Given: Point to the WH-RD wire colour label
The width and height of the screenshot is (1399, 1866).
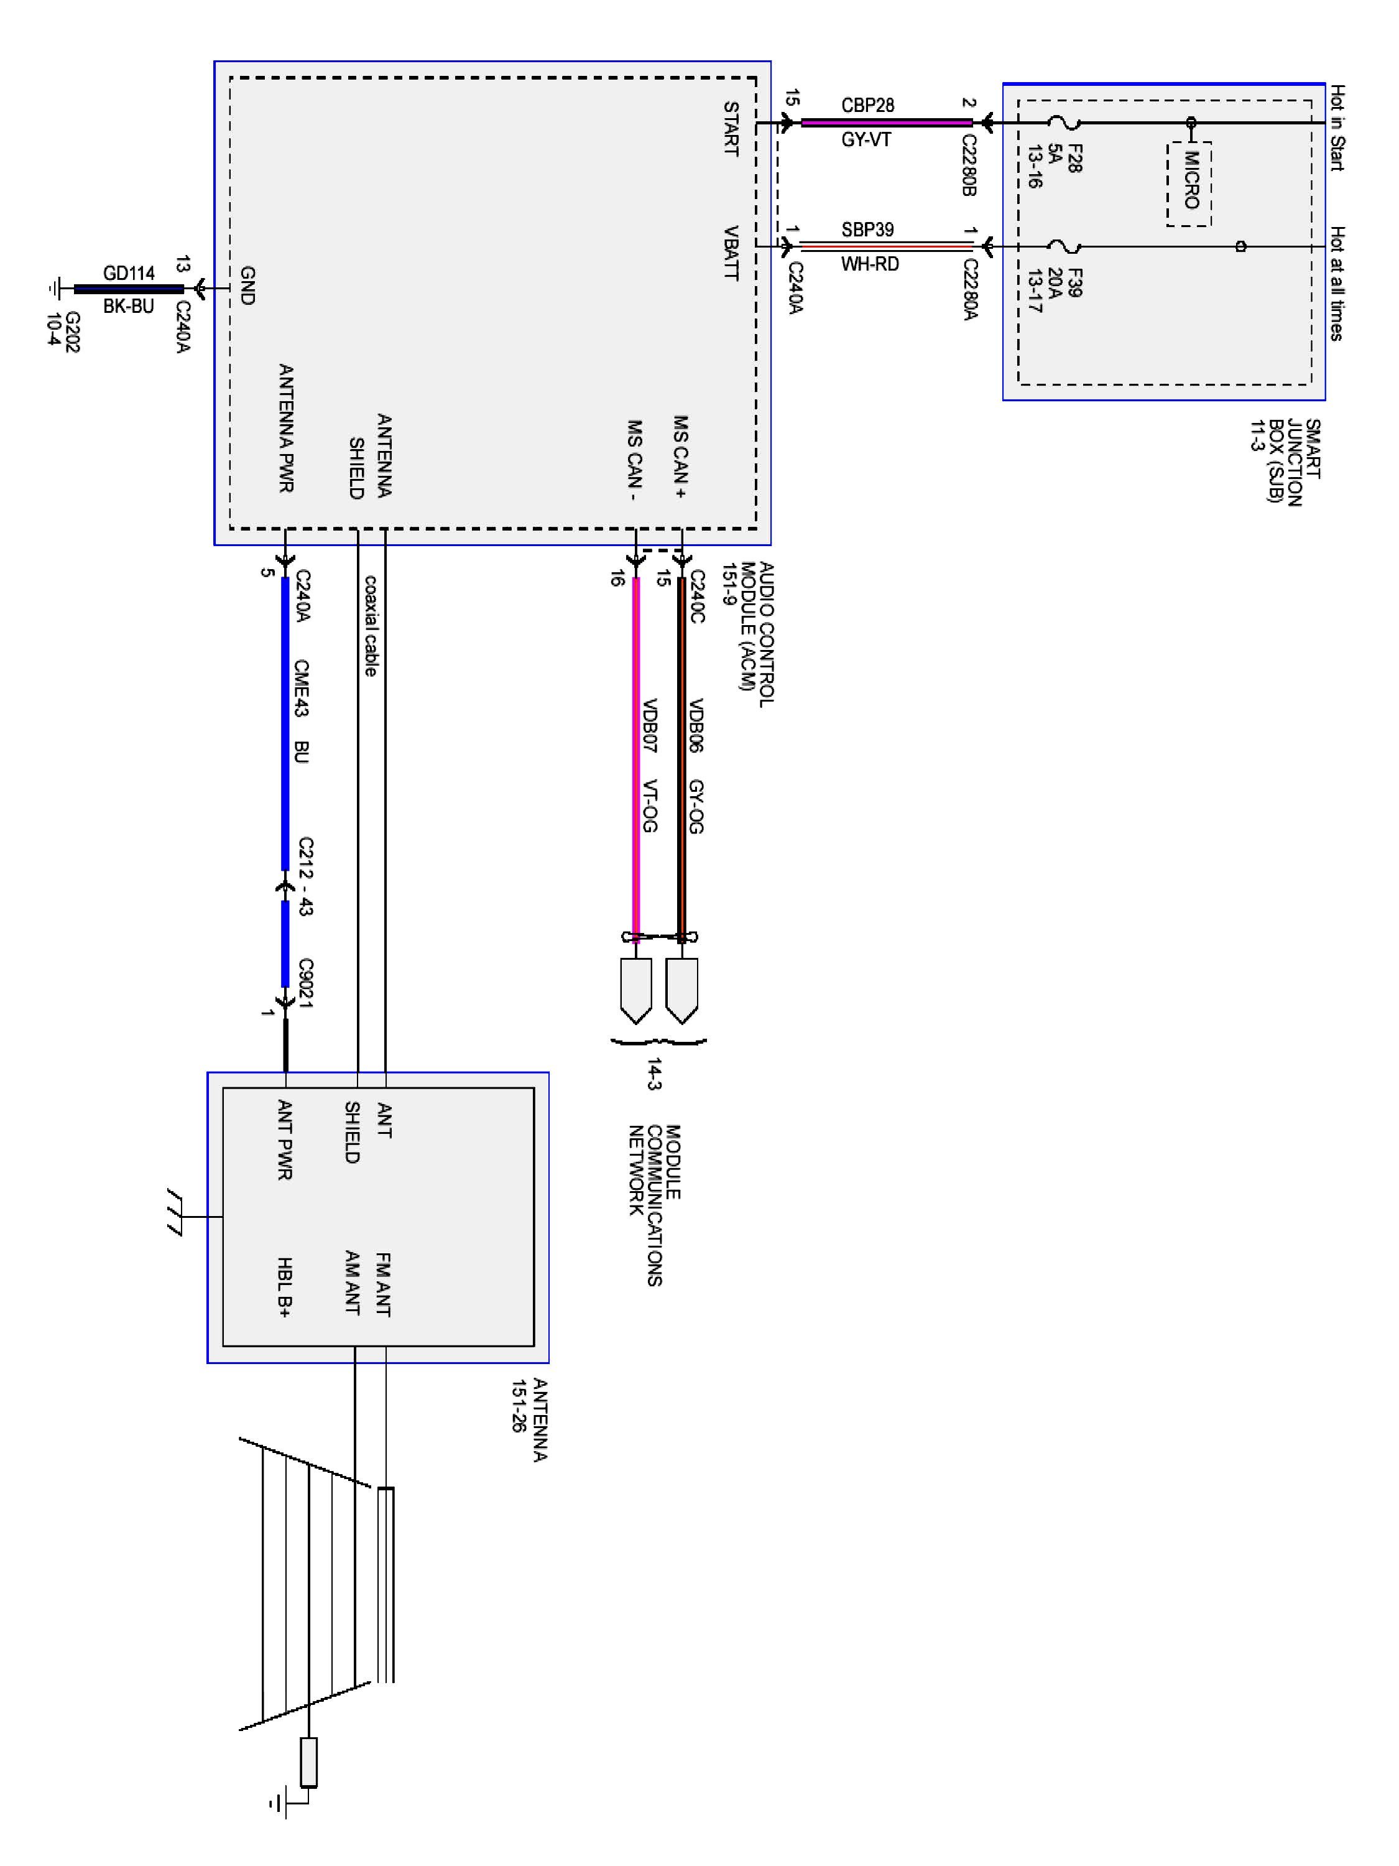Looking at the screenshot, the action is (869, 264).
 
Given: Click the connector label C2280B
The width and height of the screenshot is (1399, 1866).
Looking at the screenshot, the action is (969, 165).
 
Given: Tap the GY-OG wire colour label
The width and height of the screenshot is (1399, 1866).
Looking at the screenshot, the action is (696, 807).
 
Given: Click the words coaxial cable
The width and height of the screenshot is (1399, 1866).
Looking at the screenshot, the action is (370, 625).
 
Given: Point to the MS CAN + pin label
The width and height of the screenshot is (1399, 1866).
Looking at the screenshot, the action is (680, 457).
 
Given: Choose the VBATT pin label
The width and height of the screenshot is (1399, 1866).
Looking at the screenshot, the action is (731, 253).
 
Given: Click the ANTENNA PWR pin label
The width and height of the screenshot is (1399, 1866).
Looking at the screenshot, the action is (286, 428).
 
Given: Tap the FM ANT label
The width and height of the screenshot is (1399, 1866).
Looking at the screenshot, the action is (383, 1285).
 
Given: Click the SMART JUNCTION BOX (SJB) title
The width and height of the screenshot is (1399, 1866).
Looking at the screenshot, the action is (1285, 462).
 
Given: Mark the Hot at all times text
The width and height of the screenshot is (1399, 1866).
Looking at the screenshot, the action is (1337, 284).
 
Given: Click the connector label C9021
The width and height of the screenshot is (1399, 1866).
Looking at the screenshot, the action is (305, 983).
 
